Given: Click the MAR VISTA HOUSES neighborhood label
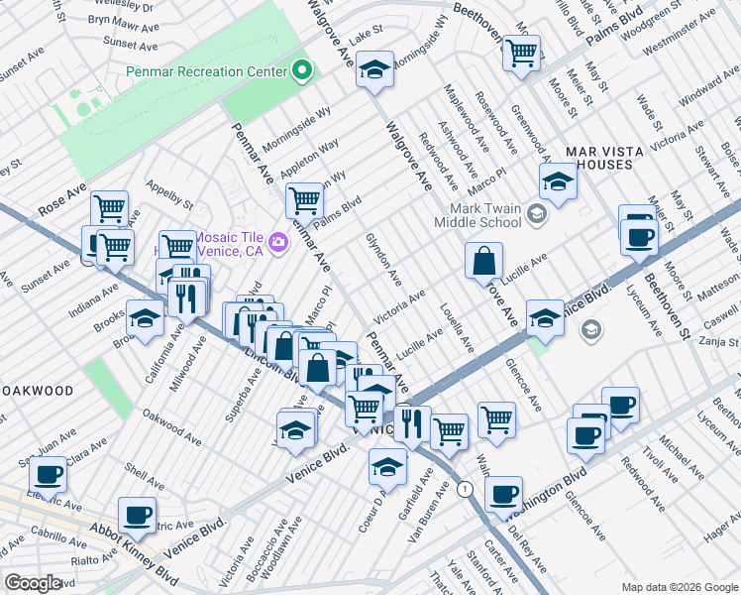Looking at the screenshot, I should tap(598, 158).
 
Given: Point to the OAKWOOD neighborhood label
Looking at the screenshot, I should tap(38, 391).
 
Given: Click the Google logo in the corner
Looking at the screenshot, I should tap(33, 583).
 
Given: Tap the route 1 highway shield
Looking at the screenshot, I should tap(464, 489).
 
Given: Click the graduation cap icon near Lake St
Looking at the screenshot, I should tap(375, 69).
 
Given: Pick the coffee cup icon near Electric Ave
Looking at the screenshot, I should tap(137, 514).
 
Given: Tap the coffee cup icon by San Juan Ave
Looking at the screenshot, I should tap(48, 473).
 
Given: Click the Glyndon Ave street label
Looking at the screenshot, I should tap(382, 257).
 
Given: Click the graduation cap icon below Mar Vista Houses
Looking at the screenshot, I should tap(558, 181).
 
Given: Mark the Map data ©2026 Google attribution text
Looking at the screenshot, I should tap(679, 586).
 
